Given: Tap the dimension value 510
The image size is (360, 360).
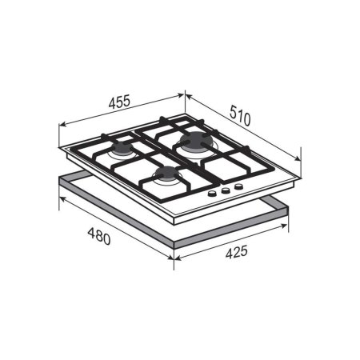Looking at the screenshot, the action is tap(240, 115).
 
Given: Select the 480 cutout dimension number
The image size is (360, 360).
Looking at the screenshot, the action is tap(99, 236).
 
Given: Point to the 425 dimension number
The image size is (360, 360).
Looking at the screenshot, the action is tap(237, 252).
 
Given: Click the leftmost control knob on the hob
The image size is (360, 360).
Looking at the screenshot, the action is tap(212, 194).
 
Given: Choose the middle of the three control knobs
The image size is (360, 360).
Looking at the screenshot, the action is tap(226, 190).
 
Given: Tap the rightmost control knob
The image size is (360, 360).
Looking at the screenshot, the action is tap(238, 186).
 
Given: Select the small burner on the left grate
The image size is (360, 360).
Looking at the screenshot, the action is tap(123, 149).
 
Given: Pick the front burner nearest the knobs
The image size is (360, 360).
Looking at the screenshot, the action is tap(166, 174).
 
